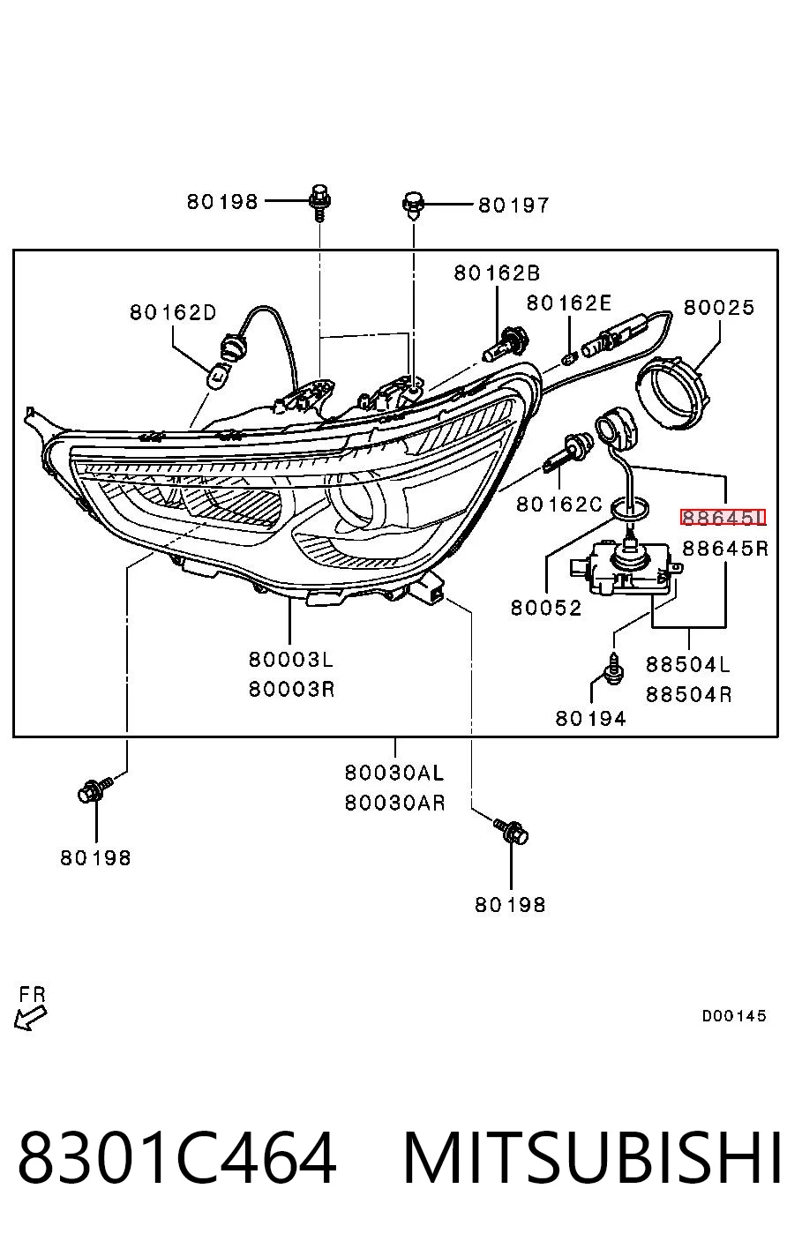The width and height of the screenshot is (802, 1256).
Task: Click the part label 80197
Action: [513, 206]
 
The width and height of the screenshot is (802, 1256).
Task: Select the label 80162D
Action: [173, 311]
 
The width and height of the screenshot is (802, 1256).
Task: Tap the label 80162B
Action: [497, 273]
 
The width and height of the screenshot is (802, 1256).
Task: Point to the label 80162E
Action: [569, 303]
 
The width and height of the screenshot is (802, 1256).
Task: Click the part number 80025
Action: [719, 307]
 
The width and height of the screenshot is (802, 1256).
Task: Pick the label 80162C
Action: [559, 505]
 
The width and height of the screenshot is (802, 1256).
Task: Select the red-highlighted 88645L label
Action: [723, 517]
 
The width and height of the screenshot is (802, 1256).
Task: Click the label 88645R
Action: [725, 548]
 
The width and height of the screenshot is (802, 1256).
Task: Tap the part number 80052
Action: [546, 608]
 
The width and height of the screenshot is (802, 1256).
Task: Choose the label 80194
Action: [590, 718]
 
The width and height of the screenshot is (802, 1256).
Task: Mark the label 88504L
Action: [688, 664]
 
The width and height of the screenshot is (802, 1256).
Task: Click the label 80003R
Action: [292, 689]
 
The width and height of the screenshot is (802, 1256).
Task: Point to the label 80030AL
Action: [394, 773]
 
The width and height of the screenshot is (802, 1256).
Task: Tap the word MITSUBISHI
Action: [592, 1157]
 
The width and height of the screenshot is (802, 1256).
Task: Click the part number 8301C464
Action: [177, 1157]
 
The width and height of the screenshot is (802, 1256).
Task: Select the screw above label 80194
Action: [615, 668]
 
